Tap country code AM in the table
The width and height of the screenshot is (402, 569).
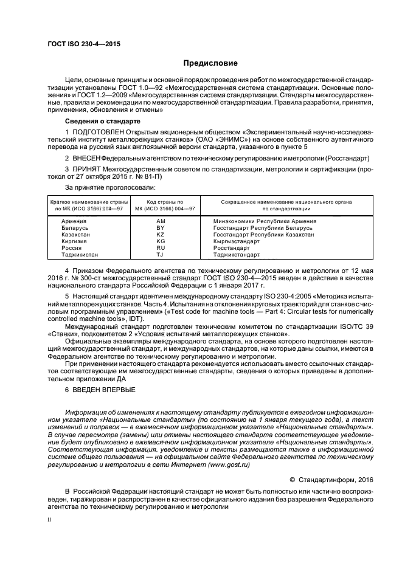161,221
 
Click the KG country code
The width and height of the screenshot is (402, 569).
161,241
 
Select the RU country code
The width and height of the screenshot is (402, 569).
161,248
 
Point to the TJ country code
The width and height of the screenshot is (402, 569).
161,255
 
